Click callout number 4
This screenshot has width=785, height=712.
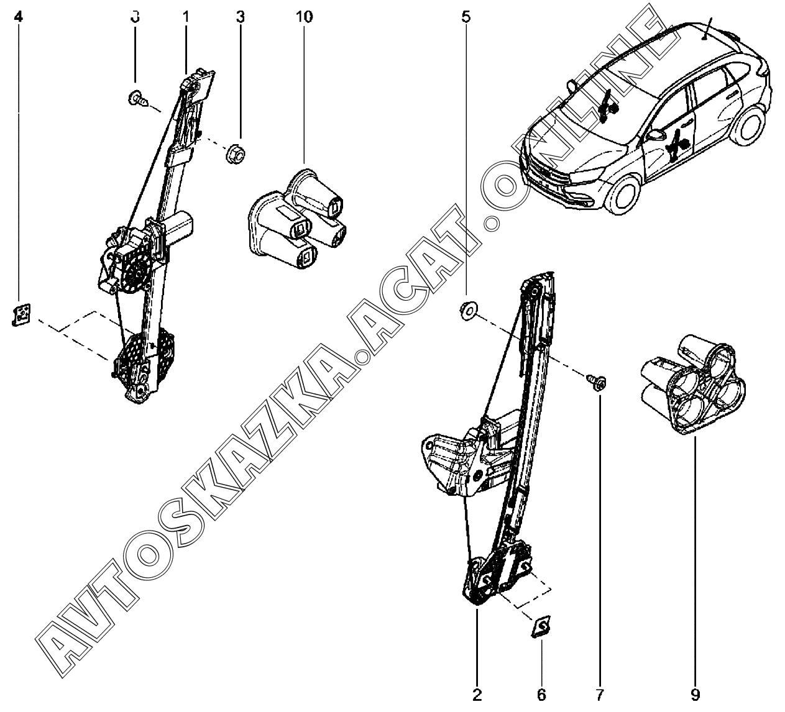pyautogui.click(x=19, y=17)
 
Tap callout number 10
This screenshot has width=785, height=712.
pyautogui.click(x=304, y=17)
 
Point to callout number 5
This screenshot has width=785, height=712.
pyautogui.click(x=466, y=17)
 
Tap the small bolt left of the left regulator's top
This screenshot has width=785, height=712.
pyautogui.click(x=138, y=98)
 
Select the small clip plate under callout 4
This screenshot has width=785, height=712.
pyautogui.click(x=22, y=314)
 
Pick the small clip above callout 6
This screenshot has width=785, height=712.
pyautogui.click(x=541, y=626)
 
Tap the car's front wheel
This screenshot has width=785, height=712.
pyautogui.click(x=625, y=196)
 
